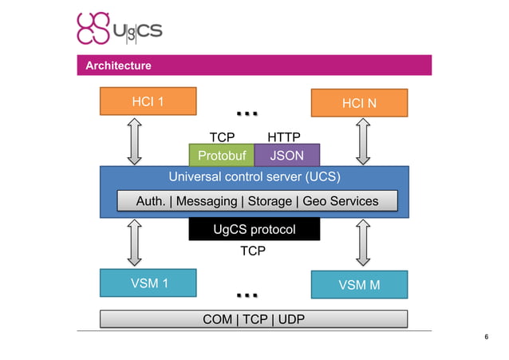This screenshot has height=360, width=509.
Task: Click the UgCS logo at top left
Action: (x=119, y=30)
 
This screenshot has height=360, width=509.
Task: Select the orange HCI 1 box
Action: (x=148, y=102)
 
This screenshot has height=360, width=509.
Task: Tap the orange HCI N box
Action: (x=359, y=103)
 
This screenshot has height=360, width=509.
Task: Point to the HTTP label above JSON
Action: (x=283, y=137)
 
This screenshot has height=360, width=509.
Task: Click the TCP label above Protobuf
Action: (x=221, y=137)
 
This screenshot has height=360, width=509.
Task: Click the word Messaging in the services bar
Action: (x=206, y=201)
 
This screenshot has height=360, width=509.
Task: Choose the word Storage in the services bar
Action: (x=270, y=201)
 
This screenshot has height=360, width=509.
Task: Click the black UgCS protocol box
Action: (x=254, y=230)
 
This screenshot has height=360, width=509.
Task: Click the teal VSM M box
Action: (x=359, y=284)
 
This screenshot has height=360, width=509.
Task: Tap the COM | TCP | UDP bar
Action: (x=254, y=319)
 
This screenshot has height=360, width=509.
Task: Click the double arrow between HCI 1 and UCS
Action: (x=135, y=140)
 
